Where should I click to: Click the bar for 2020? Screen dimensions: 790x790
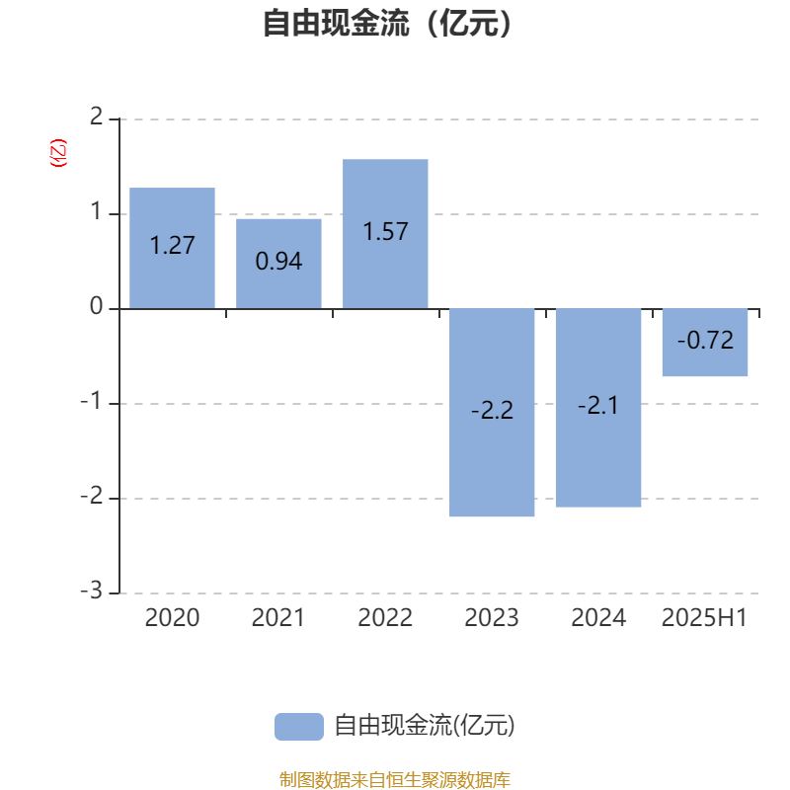coord(172,248)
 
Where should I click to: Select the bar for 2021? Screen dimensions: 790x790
coord(278,264)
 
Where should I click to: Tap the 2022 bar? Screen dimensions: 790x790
coord(385,234)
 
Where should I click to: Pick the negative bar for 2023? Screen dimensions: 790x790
coord(492,413)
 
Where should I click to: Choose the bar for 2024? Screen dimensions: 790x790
coord(598,408)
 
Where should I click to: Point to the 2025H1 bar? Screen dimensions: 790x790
coord(705,343)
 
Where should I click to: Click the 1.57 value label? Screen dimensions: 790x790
coord(385,232)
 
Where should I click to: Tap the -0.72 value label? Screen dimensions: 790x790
coord(705,340)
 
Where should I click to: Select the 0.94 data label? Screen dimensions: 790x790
coord(278,261)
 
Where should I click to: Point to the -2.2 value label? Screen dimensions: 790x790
coord(492,410)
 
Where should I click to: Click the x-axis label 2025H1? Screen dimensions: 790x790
coord(704,618)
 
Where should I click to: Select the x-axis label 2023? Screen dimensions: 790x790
coord(492,618)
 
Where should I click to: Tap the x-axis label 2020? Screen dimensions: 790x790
coord(172,618)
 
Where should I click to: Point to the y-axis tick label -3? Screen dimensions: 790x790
coord(92,590)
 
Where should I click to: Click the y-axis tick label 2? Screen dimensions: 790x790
coord(96,117)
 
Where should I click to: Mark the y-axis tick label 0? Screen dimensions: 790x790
coord(96,306)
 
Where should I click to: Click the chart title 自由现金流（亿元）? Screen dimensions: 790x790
coord(387,23)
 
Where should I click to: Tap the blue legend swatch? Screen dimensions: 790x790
coord(299,727)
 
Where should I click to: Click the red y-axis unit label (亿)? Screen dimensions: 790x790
coord(58,153)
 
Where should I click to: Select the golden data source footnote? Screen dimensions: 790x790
coord(395,779)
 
